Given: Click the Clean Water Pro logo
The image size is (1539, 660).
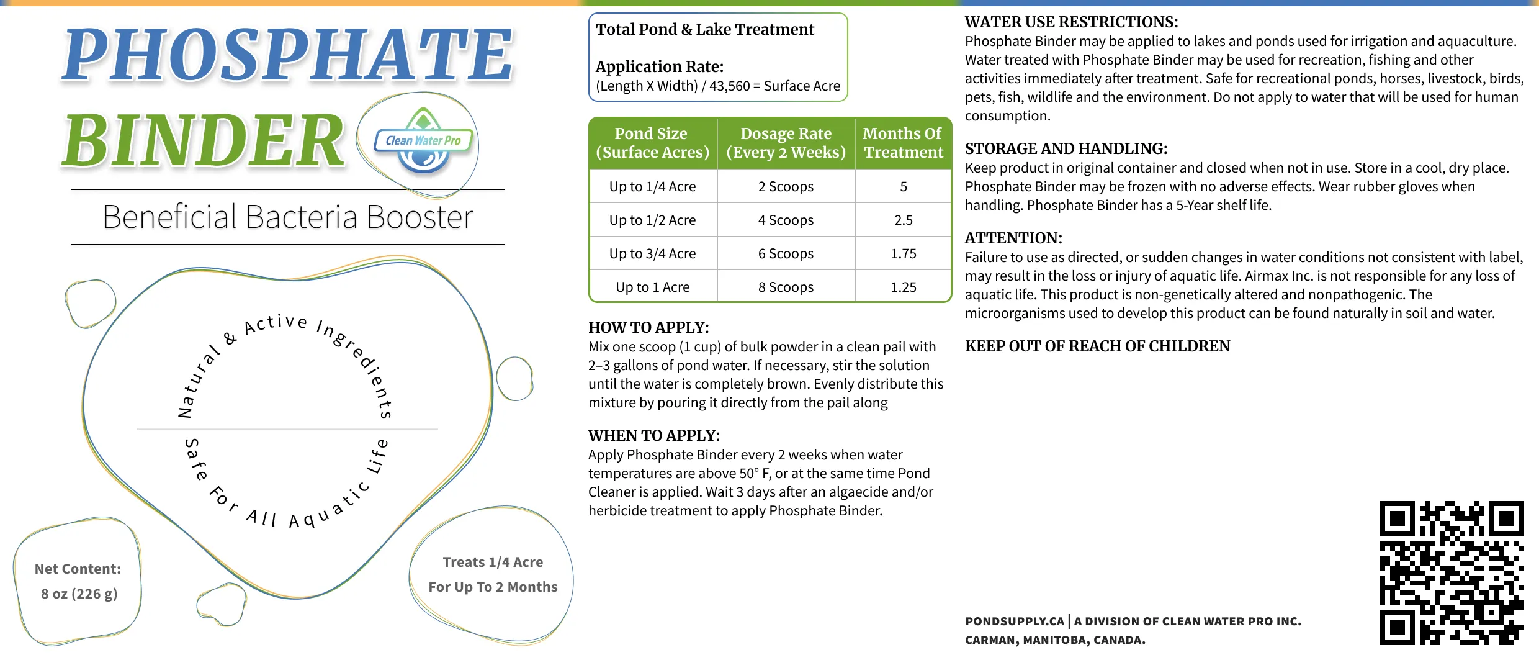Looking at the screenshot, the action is click(x=423, y=141).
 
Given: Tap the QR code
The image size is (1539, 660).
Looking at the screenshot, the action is click(x=1452, y=572).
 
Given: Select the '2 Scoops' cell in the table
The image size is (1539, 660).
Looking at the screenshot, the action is click(x=786, y=186).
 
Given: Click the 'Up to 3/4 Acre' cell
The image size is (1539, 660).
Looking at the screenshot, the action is click(x=653, y=253).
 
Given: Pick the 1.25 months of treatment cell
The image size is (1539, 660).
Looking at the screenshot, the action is click(x=904, y=287).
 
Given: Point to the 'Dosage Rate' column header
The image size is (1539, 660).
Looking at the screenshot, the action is click(x=786, y=143).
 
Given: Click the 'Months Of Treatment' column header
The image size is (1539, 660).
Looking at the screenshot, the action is click(x=903, y=143).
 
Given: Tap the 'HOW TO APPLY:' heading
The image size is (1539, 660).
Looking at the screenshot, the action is click(x=648, y=327).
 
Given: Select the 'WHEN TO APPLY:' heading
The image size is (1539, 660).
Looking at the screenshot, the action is click(x=654, y=435).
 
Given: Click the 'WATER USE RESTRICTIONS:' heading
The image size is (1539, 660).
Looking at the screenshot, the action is click(x=1071, y=22).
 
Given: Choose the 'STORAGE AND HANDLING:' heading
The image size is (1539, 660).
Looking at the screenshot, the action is click(x=1066, y=148).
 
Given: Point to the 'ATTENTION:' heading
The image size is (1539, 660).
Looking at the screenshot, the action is click(x=1013, y=238).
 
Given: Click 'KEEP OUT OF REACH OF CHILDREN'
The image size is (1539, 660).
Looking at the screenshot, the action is click(x=1097, y=346).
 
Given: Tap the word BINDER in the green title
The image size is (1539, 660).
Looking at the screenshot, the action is click(x=204, y=141).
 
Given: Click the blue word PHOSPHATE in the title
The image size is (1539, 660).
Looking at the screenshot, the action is click(x=288, y=55).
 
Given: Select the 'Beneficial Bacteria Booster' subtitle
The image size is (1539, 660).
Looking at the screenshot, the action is click(x=288, y=217).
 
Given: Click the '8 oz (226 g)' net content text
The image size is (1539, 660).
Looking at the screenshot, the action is click(x=79, y=594).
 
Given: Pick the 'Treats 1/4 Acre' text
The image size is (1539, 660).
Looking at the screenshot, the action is click(x=493, y=562).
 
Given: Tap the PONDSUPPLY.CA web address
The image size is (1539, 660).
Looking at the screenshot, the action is click(x=1015, y=621).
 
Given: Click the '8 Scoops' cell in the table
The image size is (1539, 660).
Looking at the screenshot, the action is click(x=786, y=287).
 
